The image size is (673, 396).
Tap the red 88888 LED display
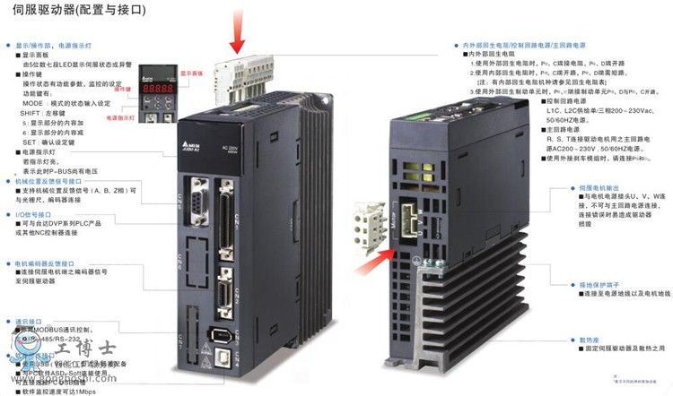click(160, 90)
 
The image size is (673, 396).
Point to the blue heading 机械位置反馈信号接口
click(53, 180)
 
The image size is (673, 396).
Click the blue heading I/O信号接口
click(36, 215)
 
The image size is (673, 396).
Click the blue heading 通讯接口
click(30, 320)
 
